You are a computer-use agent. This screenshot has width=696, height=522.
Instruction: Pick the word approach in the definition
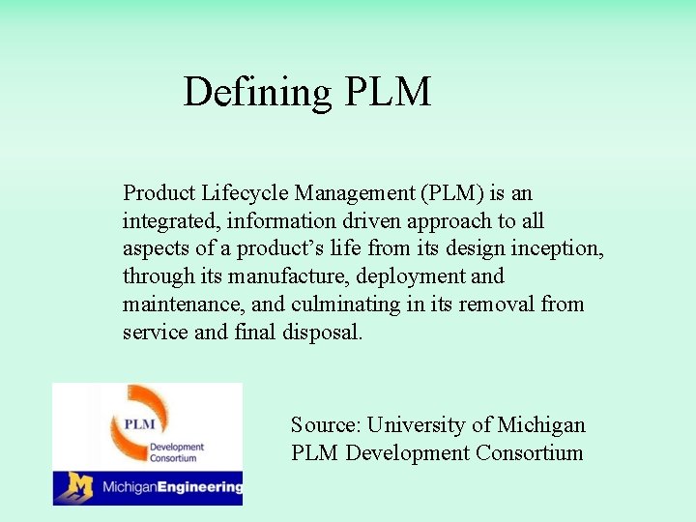tap(449, 221)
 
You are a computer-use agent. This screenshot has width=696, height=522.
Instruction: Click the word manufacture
tap(290, 276)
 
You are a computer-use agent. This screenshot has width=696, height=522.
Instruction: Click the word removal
tap(502, 304)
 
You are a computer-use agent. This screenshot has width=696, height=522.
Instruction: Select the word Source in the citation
tap(325, 425)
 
